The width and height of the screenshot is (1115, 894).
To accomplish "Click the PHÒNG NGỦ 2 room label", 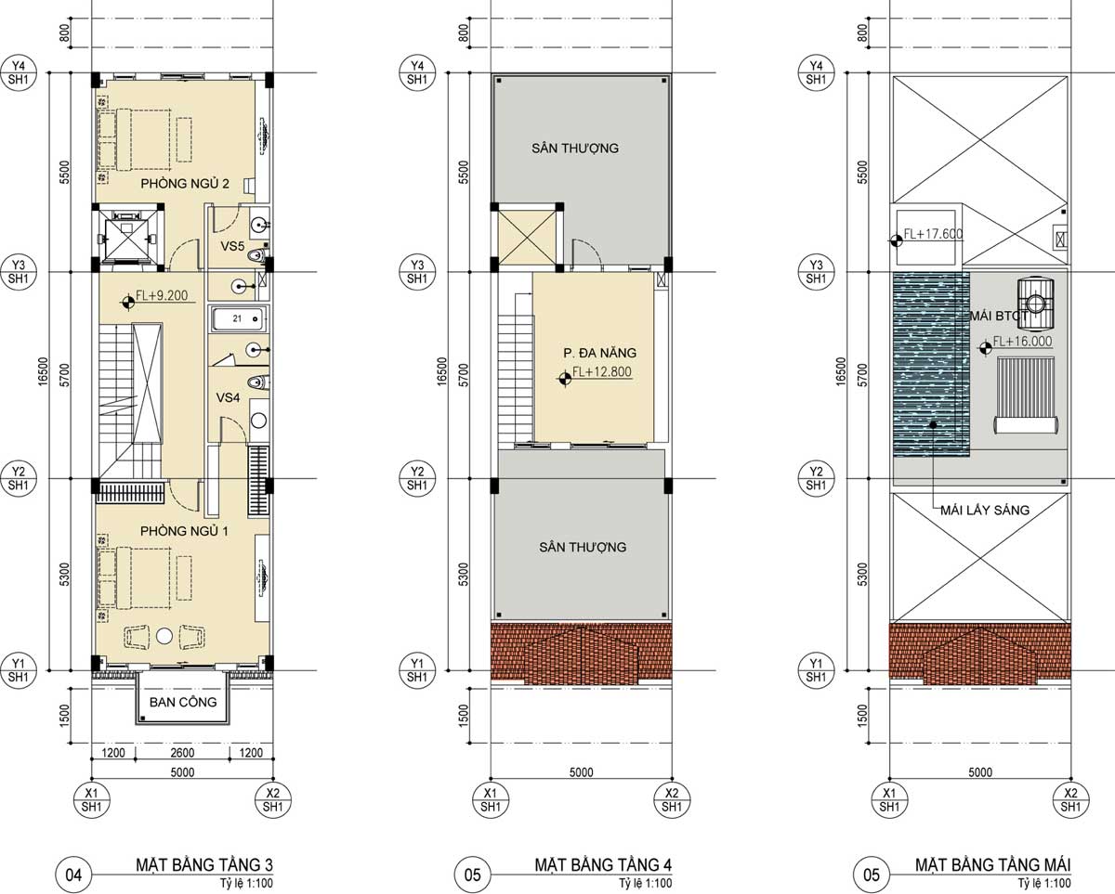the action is click(185, 183).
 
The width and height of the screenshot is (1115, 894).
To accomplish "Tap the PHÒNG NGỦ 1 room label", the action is click(184, 531).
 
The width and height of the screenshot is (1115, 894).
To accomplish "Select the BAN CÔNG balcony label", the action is click(183, 702).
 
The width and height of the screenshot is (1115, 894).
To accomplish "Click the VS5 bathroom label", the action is click(232, 246).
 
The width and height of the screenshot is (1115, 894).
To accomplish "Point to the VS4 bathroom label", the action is click(228, 397).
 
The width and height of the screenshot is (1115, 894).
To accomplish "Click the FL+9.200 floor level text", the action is click(162, 295).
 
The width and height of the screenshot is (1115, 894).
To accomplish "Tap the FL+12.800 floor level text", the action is click(602, 371).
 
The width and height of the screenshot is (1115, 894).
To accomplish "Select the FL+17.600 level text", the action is click(933, 233).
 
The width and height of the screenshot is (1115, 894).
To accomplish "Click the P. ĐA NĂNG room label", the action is click(600, 353).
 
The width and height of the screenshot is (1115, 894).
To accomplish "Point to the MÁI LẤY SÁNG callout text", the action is click(985, 510).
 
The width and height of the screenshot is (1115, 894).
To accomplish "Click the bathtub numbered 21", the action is click(239, 319).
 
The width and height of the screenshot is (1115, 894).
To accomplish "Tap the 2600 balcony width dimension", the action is click(182, 752).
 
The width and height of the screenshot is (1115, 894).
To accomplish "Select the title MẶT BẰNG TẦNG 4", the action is click(603, 864).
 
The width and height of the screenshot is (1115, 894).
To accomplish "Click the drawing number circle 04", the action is click(74, 875).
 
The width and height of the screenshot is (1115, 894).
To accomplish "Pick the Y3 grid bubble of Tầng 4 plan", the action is click(417, 272).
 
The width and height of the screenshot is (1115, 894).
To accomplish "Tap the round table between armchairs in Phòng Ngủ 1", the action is click(164, 635).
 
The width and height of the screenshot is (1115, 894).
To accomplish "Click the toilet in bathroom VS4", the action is click(257, 382).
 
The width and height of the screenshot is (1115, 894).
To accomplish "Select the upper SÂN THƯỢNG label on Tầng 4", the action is click(575, 148).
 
